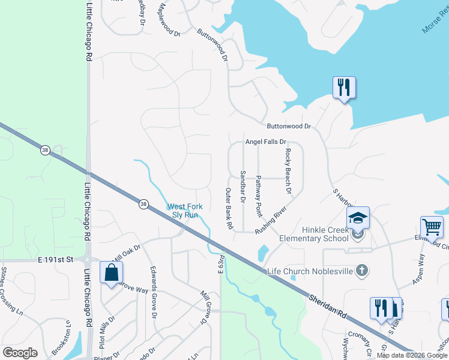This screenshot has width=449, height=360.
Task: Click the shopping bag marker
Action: [x=112, y=273]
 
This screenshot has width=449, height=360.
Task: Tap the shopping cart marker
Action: [x=432, y=227]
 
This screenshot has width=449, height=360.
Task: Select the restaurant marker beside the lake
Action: [x=344, y=88]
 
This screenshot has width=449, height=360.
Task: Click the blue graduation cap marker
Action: [x=358, y=218]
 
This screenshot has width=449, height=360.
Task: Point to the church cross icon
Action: [x=361, y=271]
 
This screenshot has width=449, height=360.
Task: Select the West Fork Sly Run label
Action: [x=185, y=211]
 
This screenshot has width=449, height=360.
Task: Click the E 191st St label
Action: [x=55, y=260]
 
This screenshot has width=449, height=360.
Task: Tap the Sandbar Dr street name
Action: [x=243, y=187]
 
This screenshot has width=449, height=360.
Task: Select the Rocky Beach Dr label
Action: [x=288, y=172]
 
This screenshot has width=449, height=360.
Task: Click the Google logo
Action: [x=20, y=353]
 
